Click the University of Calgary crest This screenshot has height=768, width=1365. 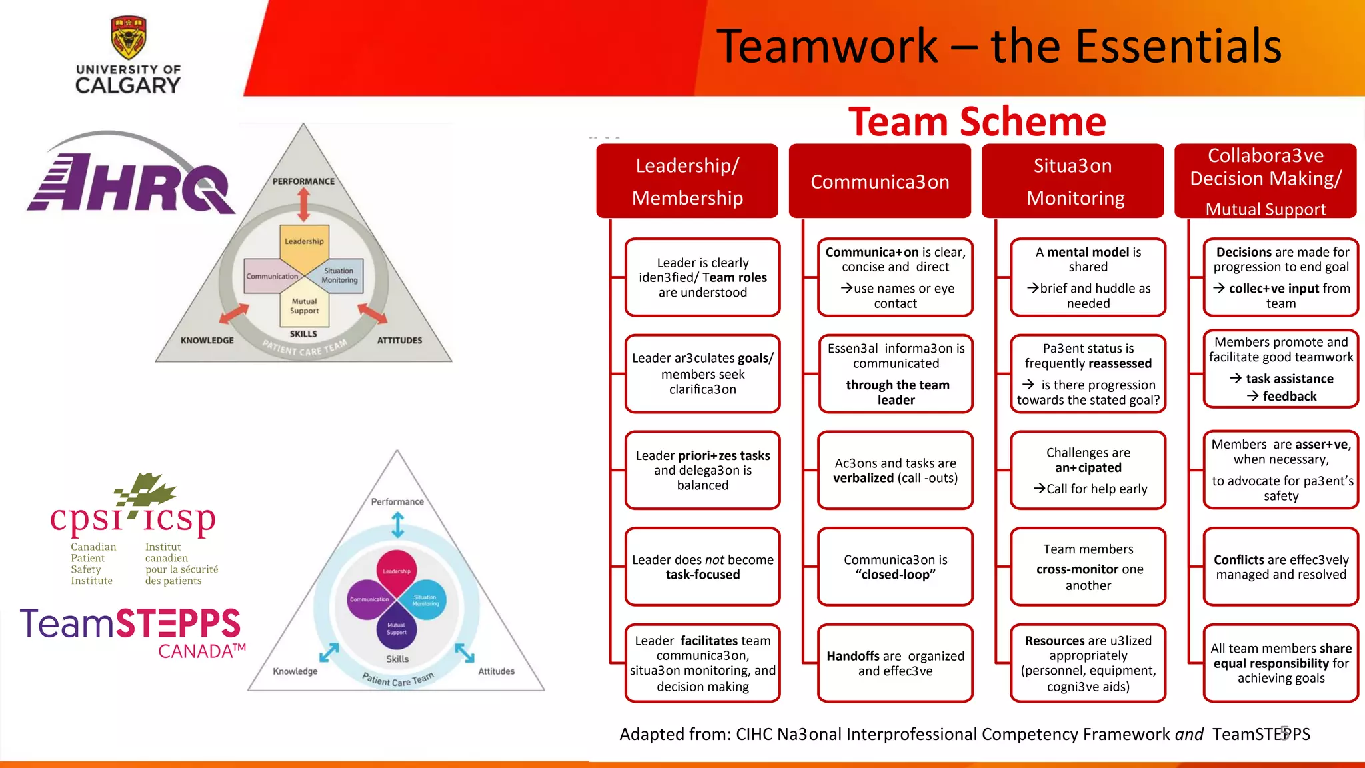[x=128, y=37]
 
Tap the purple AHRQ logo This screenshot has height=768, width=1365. [x=130, y=180]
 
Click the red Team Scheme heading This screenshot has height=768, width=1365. [x=977, y=122]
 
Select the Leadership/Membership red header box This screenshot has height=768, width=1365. [x=687, y=181]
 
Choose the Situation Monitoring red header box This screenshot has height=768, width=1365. [x=1072, y=181]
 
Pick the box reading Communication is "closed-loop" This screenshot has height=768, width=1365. [x=895, y=567]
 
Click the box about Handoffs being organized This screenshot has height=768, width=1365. [x=895, y=663]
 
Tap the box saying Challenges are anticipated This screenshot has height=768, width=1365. [x=1088, y=470]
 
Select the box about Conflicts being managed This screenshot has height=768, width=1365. [x=1280, y=567]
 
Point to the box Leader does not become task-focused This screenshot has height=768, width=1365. [x=702, y=567]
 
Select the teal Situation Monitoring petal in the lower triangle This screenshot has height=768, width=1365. [x=424, y=600]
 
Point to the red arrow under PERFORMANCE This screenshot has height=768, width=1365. [x=304, y=204]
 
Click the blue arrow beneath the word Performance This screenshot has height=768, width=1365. [x=397, y=525]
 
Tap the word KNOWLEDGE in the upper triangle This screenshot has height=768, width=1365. [x=207, y=340]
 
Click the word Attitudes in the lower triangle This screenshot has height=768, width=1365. [x=496, y=671]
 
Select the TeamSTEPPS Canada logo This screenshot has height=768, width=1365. [x=132, y=632]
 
